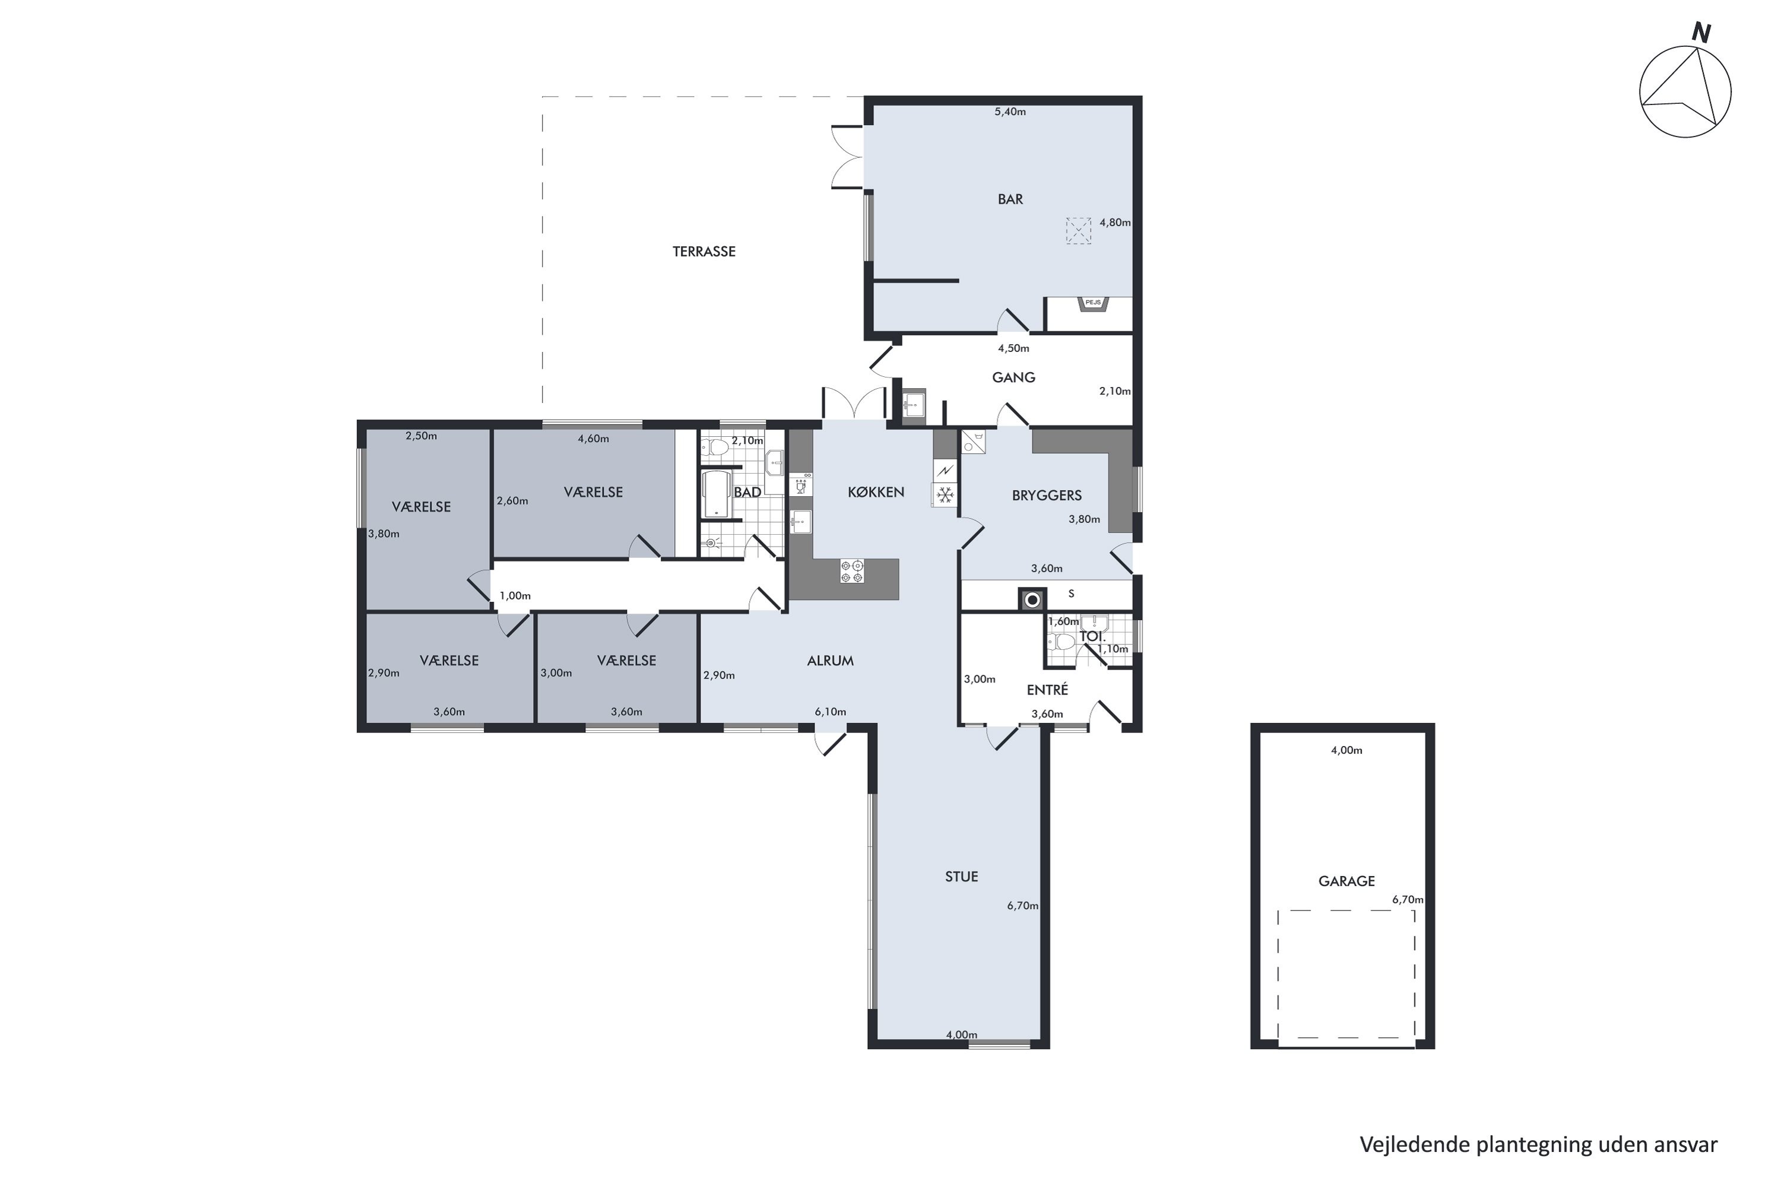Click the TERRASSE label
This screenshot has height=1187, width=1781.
click(x=703, y=251)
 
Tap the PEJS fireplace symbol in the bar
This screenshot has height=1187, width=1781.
click(x=1093, y=303)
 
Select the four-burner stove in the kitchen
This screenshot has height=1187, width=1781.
click(x=852, y=572)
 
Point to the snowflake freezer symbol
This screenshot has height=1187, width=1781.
click(x=945, y=496)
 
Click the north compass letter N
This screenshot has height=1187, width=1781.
click(x=1701, y=33)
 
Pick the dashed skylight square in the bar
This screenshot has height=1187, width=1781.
click(x=1078, y=231)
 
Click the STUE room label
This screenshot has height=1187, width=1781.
click(x=961, y=877)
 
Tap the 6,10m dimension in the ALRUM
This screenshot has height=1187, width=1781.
click(x=830, y=712)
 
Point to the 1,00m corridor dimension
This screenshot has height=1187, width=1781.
click(x=515, y=596)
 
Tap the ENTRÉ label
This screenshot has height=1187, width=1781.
click(x=1047, y=690)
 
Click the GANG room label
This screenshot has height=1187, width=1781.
click(x=1013, y=377)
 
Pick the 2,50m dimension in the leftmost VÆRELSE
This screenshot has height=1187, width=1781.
click(x=421, y=436)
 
